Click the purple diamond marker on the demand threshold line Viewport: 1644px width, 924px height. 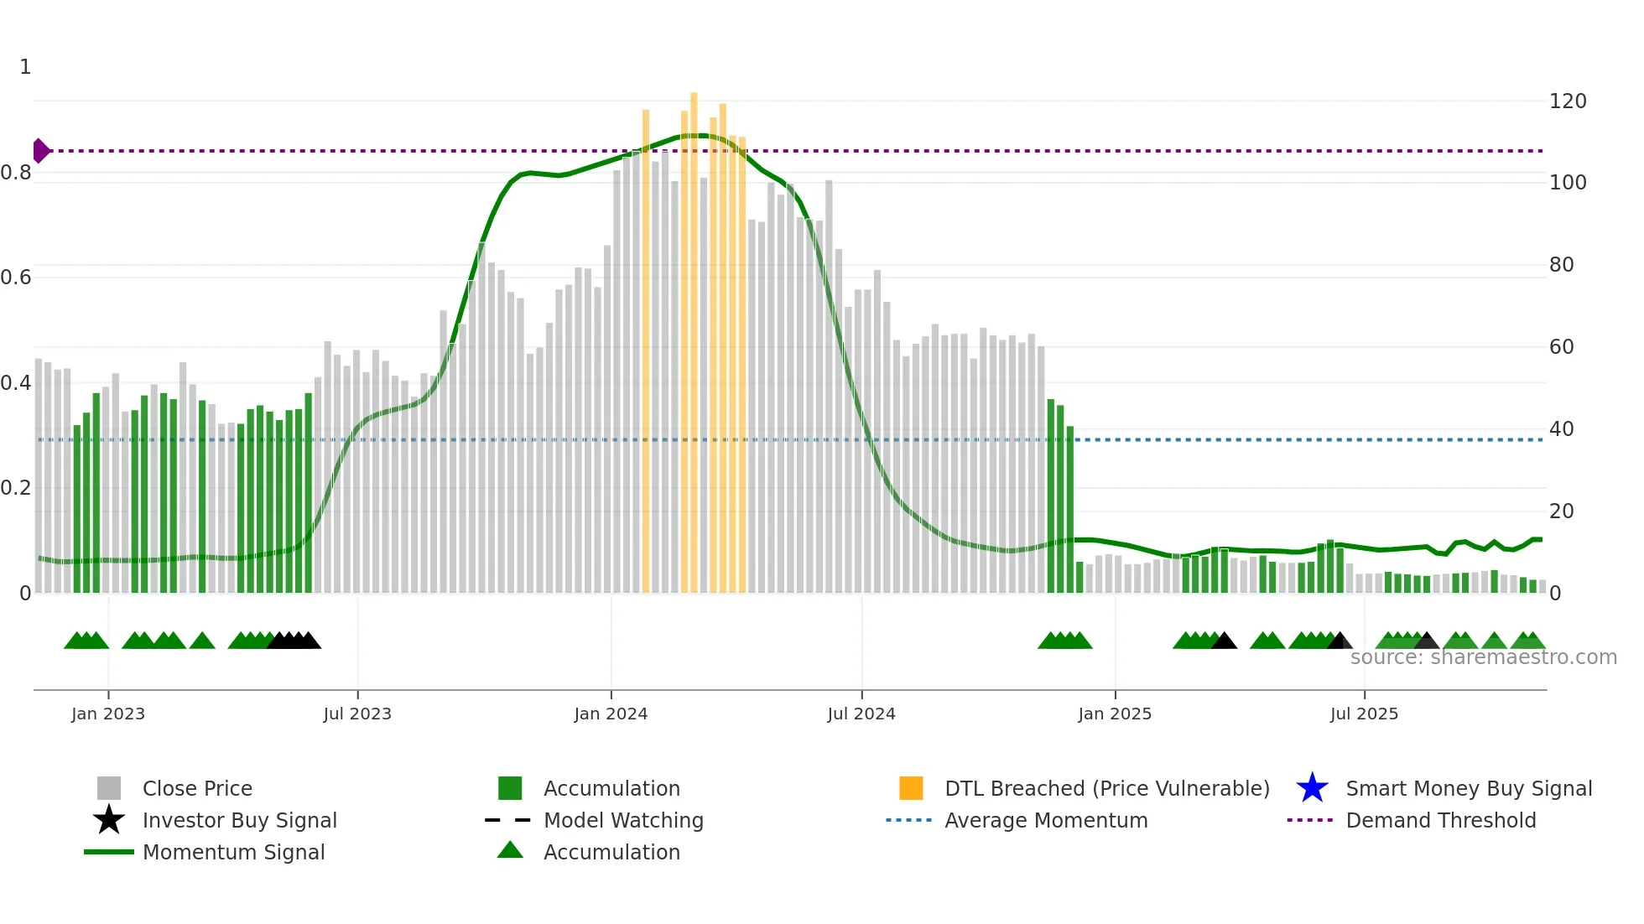40,151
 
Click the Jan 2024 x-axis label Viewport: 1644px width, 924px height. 611,714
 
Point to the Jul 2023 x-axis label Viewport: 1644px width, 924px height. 357,714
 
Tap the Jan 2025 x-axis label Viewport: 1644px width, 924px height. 1115,714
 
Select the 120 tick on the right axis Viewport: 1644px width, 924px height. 1567,101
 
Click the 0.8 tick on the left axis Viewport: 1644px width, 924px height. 16,173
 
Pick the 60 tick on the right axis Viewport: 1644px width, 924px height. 1561,347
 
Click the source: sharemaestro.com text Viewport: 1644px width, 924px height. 1483,657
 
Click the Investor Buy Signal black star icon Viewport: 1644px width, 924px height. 109,820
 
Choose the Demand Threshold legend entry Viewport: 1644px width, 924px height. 1440,820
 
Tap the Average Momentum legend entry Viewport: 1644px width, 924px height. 1045,820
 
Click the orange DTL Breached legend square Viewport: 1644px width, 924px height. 911,788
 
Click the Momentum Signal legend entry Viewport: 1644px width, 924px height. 233,852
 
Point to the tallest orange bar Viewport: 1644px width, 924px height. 694,335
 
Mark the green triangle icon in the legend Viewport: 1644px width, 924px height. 510,850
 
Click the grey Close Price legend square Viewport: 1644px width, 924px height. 109,788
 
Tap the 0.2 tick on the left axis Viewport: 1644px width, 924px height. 16,488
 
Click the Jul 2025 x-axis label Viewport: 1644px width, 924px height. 1364,714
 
